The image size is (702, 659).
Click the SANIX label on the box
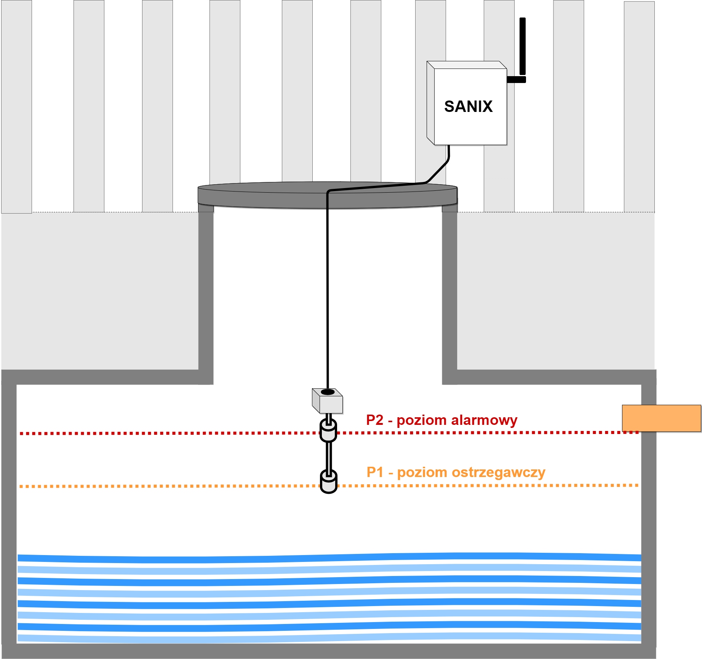coord(468,107)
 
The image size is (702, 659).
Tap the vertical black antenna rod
coord(523,46)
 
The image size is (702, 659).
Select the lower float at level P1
coord(328,482)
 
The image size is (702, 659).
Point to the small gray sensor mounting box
coord(328,401)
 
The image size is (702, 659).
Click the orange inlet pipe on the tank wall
coord(662,418)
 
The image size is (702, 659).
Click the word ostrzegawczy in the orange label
coord(498,473)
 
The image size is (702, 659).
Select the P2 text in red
coord(375,420)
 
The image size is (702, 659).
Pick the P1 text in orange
coord(375,472)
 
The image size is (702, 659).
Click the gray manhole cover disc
coord(328,195)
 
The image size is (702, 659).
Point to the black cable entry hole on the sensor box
coord(328,392)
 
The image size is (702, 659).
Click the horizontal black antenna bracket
coord(516,80)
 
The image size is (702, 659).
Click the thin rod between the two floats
coord(328,457)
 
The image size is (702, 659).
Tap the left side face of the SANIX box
coord(431,103)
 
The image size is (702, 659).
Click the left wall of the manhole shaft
coord(206,297)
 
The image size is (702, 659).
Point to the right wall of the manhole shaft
coord(449,297)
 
